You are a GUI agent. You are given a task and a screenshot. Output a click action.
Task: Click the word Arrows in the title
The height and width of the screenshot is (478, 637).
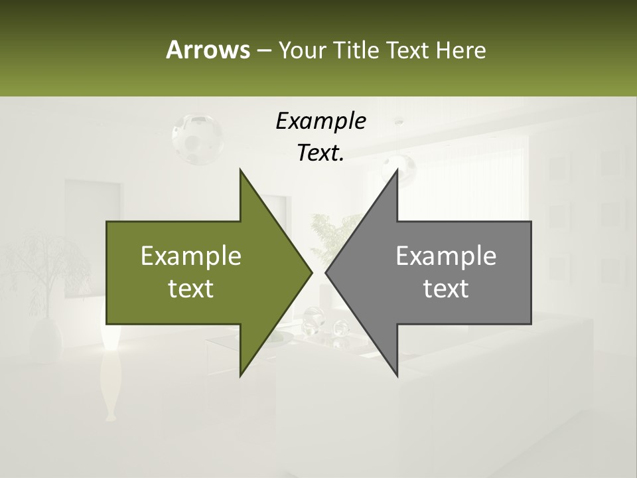(x=207, y=50)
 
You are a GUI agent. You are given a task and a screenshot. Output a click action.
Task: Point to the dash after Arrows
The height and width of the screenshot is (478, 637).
(x=263, y=50)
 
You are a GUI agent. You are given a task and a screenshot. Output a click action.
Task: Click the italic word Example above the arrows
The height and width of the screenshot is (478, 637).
(x=320, y=121)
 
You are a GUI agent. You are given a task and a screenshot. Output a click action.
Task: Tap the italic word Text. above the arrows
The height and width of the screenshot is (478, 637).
(x=320, y=153)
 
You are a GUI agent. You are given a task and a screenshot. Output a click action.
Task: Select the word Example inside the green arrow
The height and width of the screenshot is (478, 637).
(x=191, y=256)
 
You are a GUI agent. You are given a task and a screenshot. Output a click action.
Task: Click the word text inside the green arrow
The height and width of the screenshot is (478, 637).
(x=191, y=289)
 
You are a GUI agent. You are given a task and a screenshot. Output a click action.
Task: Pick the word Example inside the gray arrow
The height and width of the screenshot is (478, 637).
(x=446, y=256)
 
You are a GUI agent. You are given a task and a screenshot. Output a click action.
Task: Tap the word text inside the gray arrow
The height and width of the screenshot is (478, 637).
(x=446, y=289)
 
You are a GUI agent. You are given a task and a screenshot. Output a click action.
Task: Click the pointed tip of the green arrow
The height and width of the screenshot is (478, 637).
(x=310, y=272)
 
